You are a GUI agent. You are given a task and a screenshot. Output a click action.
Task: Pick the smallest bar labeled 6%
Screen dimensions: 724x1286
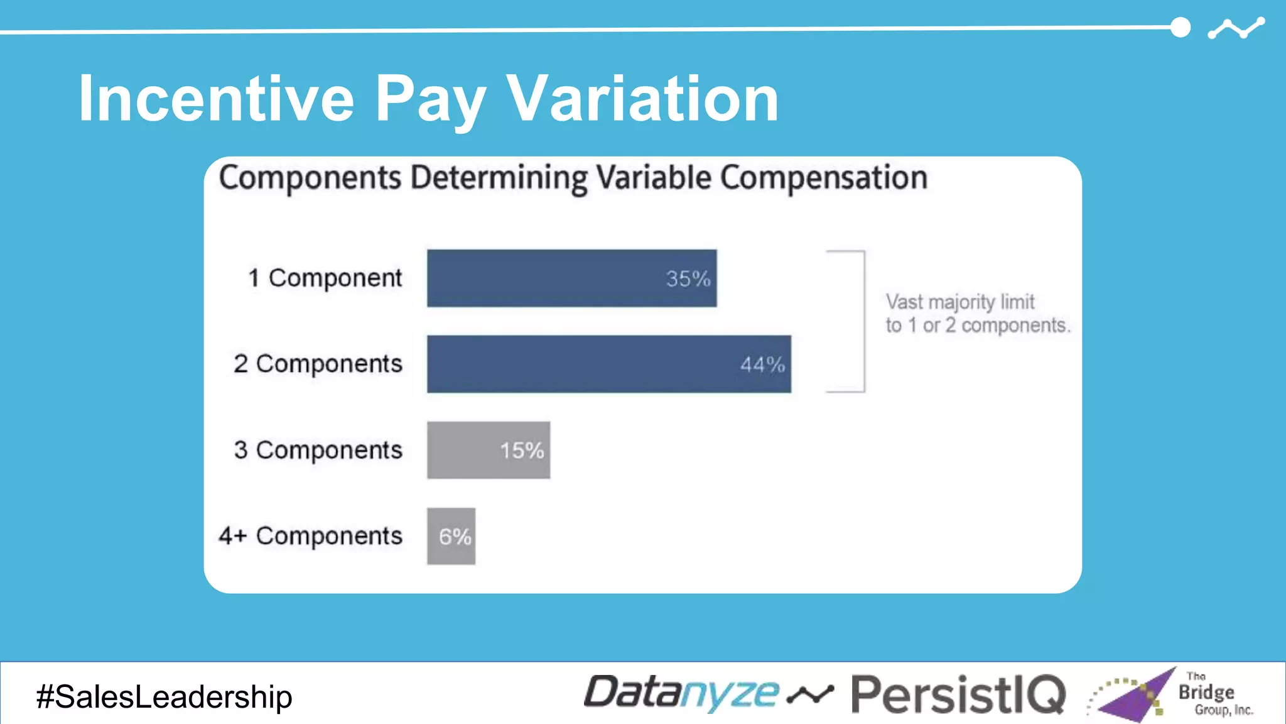tap(451, 536)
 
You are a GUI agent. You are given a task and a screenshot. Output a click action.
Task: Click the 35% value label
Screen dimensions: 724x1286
tap(688, 279)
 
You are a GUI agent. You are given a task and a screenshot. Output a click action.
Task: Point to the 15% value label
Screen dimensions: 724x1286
tap(522, 451)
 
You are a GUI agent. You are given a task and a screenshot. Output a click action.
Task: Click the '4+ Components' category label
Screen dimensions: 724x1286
tap(311, 536)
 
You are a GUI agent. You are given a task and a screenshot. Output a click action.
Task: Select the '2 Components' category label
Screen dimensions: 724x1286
tap(318, 364)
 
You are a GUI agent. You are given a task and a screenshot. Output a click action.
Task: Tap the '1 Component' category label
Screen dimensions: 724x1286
tap(325, 278)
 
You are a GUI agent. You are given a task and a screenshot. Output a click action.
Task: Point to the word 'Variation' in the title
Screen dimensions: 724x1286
tap(642, 99)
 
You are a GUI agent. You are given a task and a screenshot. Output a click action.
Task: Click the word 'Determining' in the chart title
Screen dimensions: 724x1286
tap(499, 178)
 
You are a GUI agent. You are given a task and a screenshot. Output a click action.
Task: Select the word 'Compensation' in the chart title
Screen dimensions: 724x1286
tap(823, 178)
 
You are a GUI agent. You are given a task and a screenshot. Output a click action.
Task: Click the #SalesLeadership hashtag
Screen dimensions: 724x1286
tap(165, 697)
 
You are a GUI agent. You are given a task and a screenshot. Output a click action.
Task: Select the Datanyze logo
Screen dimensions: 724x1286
tap(681, 693)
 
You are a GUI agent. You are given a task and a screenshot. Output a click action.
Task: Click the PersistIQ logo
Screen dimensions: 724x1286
tap(958, 694)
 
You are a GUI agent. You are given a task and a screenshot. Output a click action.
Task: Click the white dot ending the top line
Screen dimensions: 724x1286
tap(1181, 28)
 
